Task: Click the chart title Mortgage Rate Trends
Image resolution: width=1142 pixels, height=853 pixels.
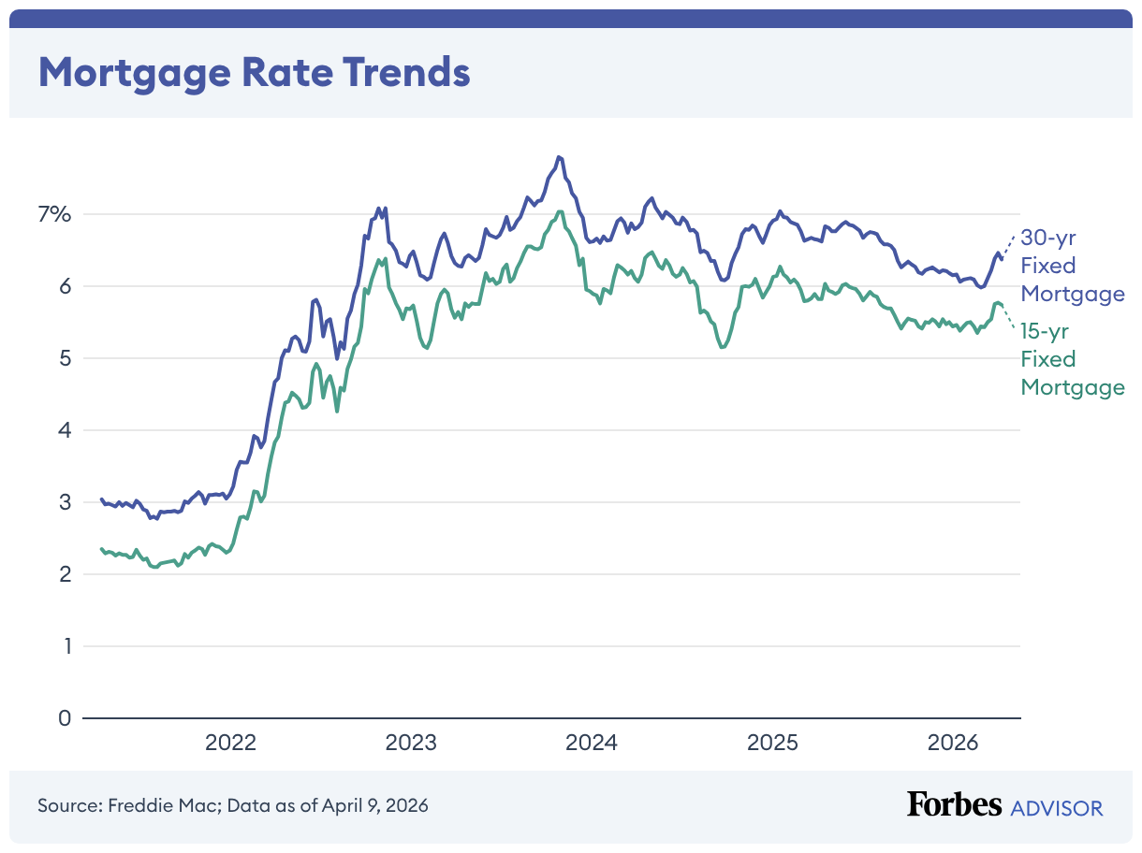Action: pyautogui.click(x=254, y=72)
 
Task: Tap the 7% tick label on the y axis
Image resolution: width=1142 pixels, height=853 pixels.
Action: pyautogui.click(x=54, y=214)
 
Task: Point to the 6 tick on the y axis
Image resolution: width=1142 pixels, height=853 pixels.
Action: pyautogui.click(x=64, y=286)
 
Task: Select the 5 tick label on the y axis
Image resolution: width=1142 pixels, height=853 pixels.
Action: pyautogui.click(x=64, y=358)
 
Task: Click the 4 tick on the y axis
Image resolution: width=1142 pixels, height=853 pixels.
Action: pyautogui.click(x=64, y=430)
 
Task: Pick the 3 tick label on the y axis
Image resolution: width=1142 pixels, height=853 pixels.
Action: pyautogui.click(x=64, y=502)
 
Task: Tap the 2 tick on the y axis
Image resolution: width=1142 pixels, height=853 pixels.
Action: pyautogui.click(x=64, y=574)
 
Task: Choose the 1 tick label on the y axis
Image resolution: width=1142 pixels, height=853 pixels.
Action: pyautogui.click(x=65, y=646)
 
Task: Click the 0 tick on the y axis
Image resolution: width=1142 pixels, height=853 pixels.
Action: pyautogui.click(x=64, y=718)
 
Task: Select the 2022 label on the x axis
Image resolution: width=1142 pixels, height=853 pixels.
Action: pyautogui.click(x=230, y=744)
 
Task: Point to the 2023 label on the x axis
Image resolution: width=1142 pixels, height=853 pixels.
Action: pyautogui.click(x=411, y=744)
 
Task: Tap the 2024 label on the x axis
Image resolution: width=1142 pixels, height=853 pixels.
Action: pyautogui.click(x=592, y=744)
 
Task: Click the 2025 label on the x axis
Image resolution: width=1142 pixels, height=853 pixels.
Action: pyautogui.click(x=772, y=744)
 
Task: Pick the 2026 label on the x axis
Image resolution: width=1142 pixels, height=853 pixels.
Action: pyautogui.click(x=953, y=744)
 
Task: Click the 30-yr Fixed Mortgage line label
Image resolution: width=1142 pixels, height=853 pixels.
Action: pyautogui.click(x=1072, y=266)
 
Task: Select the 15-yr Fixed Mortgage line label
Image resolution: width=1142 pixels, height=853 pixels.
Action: pyautogui.click(x=1072, y=359)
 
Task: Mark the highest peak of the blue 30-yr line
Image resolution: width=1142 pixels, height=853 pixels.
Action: pyautogui.click(x=559, y=156)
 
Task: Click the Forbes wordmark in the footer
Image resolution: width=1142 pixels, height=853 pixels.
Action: pyautogui.click(x=954, y=804)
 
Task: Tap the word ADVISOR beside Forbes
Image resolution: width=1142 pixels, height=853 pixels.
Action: pyautogui.click(x=1057, y=807)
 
